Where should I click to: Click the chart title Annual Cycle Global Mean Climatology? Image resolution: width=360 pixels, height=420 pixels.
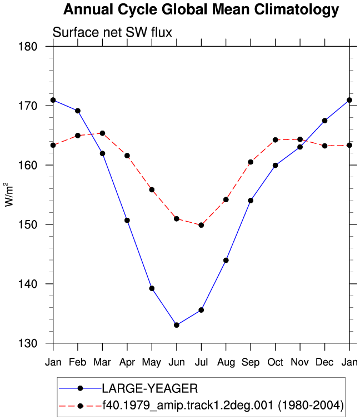click(201, 10)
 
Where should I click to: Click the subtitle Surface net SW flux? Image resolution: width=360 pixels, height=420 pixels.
click(112, 32)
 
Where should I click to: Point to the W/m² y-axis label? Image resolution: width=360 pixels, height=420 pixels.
click(8, 194)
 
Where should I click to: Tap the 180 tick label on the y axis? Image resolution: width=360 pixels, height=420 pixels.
click(28, 46)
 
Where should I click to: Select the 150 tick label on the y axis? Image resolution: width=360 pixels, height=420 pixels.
click(28, 224)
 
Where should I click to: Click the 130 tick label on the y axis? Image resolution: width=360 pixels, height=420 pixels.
click(28, 343)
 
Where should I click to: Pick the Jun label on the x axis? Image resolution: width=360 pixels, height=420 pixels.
click(177, 362)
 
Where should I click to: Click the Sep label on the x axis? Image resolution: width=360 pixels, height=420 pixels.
click(251, 363)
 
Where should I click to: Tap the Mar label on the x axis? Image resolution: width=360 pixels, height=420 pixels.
click(102, 362)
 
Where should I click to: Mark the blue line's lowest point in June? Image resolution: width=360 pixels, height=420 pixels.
click(177, 325)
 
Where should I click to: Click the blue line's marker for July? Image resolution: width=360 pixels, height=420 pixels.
click(201, 310)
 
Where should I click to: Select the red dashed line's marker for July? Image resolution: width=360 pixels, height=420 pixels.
click(201, 225)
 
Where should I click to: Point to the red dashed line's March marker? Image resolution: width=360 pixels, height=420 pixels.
click(102, 133)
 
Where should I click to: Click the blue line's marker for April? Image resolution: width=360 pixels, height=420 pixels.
click(127, 221)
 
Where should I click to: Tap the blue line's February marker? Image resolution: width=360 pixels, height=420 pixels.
click(78, 111)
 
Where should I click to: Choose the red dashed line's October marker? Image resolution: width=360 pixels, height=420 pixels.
click(276, 140)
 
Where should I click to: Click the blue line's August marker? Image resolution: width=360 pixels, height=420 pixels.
click(226, 261)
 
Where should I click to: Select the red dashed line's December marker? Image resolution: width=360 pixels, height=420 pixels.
click(324, 146)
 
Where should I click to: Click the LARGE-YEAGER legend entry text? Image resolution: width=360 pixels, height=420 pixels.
click(150, 388)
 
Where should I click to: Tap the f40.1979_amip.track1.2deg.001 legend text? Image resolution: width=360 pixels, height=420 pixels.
click(188, 406)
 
